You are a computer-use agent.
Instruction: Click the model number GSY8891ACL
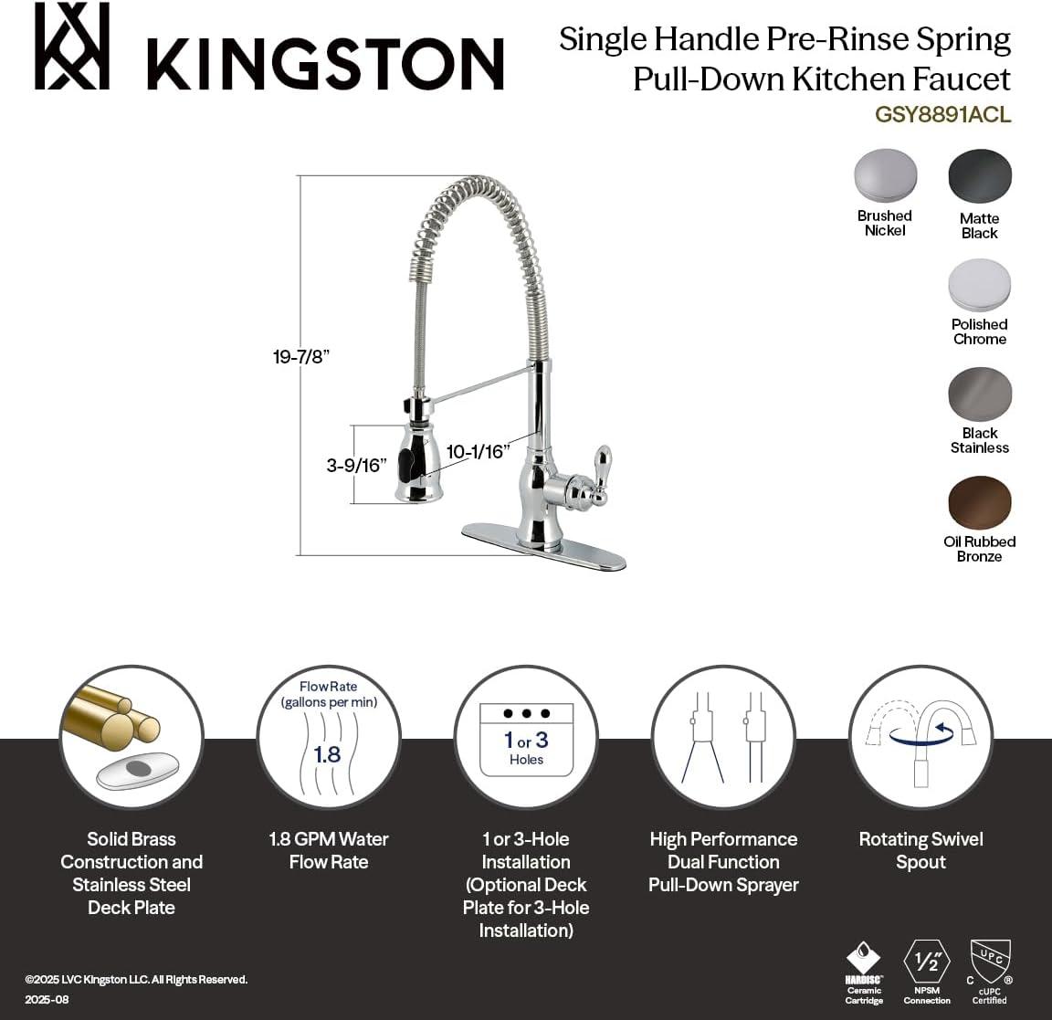pyautogui.click(x=942, y=115)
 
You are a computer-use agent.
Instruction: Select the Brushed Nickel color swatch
pyautogui.click(x=885, y=175)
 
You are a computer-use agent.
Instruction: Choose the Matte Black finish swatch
pyautogui.click(x=980, y=176)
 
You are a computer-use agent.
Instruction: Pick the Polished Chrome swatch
pyautogui.click(x=980, y=285)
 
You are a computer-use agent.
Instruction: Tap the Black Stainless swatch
pyautogui.click(x=980, y=394)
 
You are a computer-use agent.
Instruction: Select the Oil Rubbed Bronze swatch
pyautogui.click(x=980, y=502)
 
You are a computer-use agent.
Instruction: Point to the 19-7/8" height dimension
pyautogui.click(x=300, y=357)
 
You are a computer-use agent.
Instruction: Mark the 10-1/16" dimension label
pyautogui.click(x=478, y=451)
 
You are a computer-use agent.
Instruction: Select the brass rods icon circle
pyautogui.click(x=131, y=736)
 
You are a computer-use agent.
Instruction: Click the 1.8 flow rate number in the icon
pyautogui.click(x=327, y=754)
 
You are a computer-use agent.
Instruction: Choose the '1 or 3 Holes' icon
pyautogui.click(x=526, y=736)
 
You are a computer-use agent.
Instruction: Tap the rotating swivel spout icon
pyautogui.click(x=920, y=736)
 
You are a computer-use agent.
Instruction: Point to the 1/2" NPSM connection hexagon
pyautogui.click(x=927, y=962)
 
